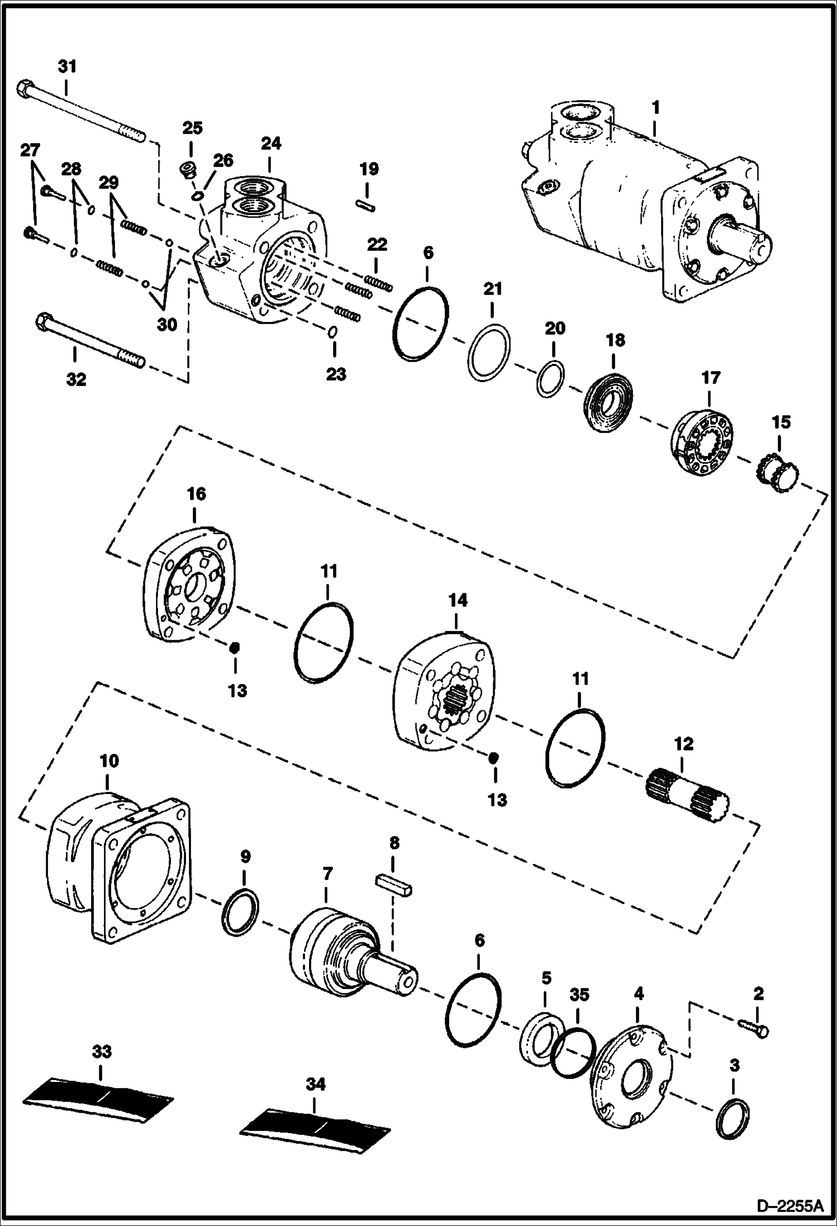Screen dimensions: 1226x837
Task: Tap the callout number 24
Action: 270,144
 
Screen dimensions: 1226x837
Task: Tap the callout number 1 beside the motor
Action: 656,106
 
